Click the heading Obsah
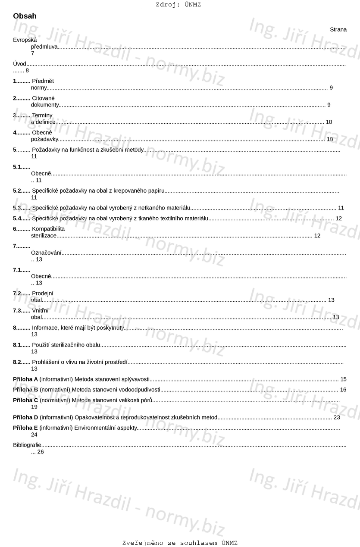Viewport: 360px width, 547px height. point(25,16)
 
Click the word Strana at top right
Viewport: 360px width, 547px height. point(338,29)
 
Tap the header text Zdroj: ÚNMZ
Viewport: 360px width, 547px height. point(178,5)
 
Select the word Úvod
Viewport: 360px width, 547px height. point(19,64)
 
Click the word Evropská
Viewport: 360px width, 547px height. point(25,40)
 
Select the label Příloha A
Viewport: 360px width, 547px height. point(25,379)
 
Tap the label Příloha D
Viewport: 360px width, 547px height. point(25,417)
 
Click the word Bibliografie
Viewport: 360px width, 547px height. point(27,444)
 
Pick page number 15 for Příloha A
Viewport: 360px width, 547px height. point(343,379)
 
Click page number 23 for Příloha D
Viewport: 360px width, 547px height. point(337,417)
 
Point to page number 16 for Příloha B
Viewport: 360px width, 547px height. point(343,390)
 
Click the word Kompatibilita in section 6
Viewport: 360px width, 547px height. point(48,229)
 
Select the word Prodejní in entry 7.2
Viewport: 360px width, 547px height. point(43,293)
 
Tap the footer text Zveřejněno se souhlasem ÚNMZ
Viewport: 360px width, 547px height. point(180,543)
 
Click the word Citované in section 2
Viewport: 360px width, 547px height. point(43,98)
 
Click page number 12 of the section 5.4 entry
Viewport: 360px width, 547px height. point(338,219)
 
